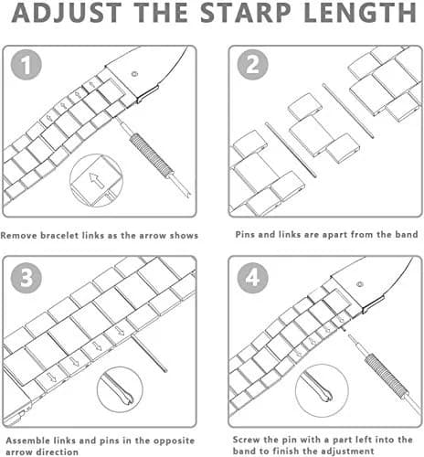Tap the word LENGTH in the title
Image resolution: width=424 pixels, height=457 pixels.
pos(360,13)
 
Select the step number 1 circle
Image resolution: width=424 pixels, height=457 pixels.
pos(26,65)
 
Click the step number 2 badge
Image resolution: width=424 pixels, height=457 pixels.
pos(252,65)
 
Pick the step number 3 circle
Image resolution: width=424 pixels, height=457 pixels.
pos(26,278)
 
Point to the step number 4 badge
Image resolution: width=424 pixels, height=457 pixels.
pos(252,278)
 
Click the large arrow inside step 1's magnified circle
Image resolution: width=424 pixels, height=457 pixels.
pos(97,180)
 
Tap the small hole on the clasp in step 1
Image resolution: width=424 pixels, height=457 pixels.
pos(134,74)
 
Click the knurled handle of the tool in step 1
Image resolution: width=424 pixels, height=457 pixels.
pos(151,155)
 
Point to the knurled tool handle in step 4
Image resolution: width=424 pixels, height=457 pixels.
pos(387,377)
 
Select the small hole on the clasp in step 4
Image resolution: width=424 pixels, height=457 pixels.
pos(360,284)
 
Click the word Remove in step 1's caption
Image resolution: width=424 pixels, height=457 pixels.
pos(19,236)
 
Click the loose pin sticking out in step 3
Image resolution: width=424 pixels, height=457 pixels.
pos(150,354)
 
